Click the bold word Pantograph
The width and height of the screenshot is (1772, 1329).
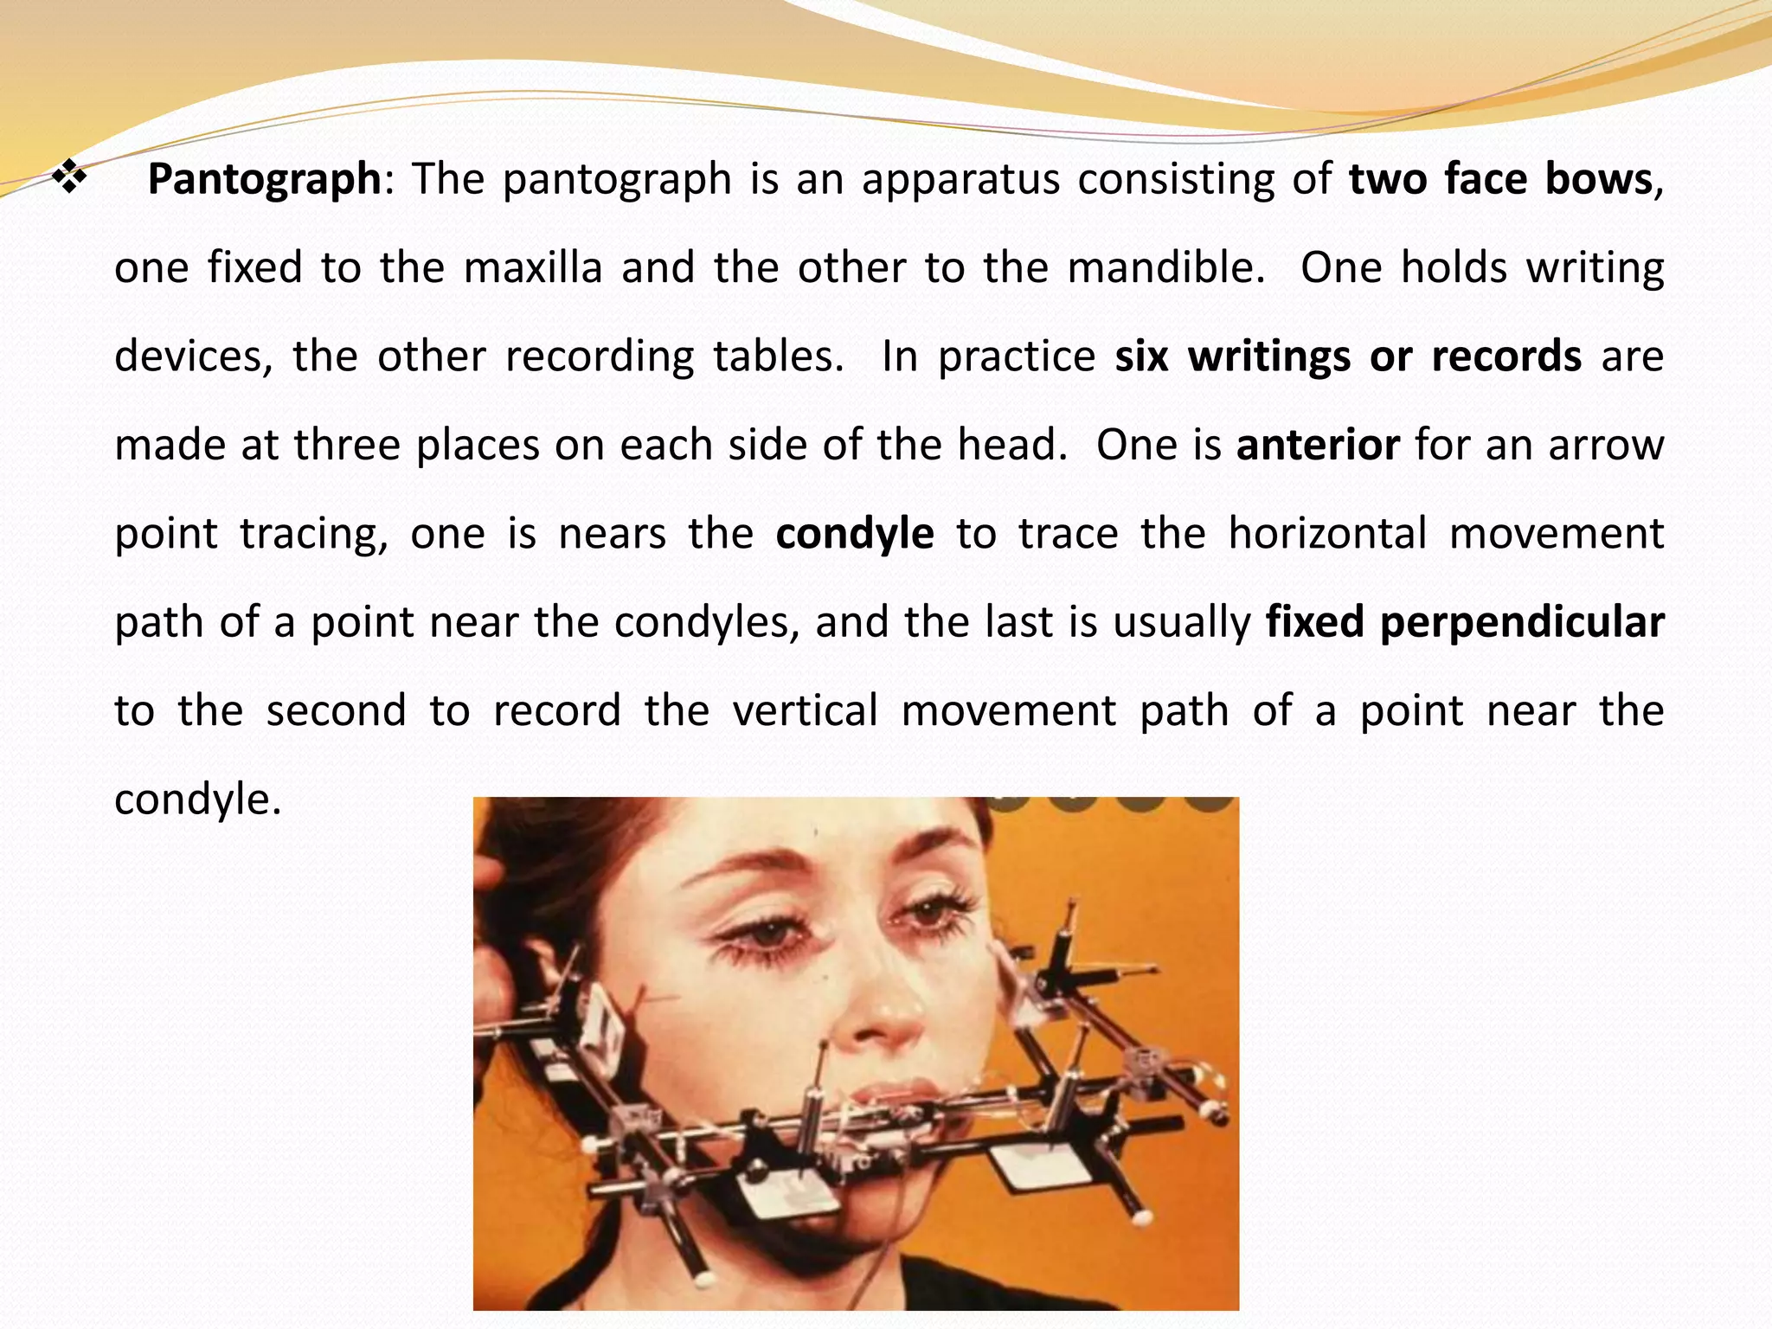264,180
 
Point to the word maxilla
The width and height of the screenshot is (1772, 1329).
532,267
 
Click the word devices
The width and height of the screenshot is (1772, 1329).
193,356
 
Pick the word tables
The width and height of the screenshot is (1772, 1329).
778,356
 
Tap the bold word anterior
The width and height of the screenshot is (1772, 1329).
1318,445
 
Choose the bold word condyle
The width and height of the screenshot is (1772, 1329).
854,534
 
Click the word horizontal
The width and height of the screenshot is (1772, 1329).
1327,533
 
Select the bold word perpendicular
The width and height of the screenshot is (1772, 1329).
1522,622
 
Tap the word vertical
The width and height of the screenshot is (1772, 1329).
805,710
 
